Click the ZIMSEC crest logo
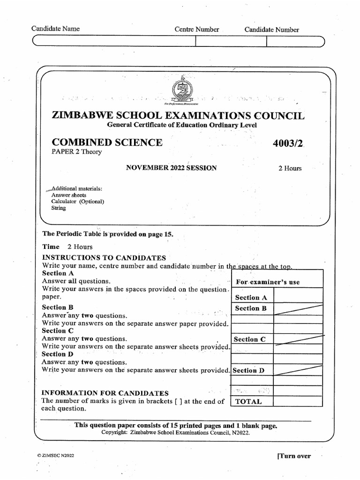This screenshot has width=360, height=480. [x=183, y=90]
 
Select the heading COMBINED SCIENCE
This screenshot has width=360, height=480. [x=107, y=142]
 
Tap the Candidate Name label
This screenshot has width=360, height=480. [x=55, y=29]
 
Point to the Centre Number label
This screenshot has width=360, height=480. [x=197, y=29]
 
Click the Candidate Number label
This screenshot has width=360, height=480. [x=271, y=30]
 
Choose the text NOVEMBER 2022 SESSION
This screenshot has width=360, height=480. [x=171, y=168]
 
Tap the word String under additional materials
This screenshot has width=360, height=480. [x=59, y=208]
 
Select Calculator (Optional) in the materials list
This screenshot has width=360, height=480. [x=78, y=202]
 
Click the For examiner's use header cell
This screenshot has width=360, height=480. [x=268, y=282]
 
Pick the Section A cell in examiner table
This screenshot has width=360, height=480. [x=251, y=297]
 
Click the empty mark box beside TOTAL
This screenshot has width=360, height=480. [x=298, y=401]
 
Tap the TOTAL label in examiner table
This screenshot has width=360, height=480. [x=248, y=401]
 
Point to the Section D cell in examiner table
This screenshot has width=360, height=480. [x=249, y=370]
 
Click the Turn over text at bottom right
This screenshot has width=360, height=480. [x=294, y=456]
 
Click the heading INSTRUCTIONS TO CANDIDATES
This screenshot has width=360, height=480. [x=104, y=258]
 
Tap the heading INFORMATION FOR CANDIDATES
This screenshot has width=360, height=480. [x=105, y=393]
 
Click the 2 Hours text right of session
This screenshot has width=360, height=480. [x=290, y=169]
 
